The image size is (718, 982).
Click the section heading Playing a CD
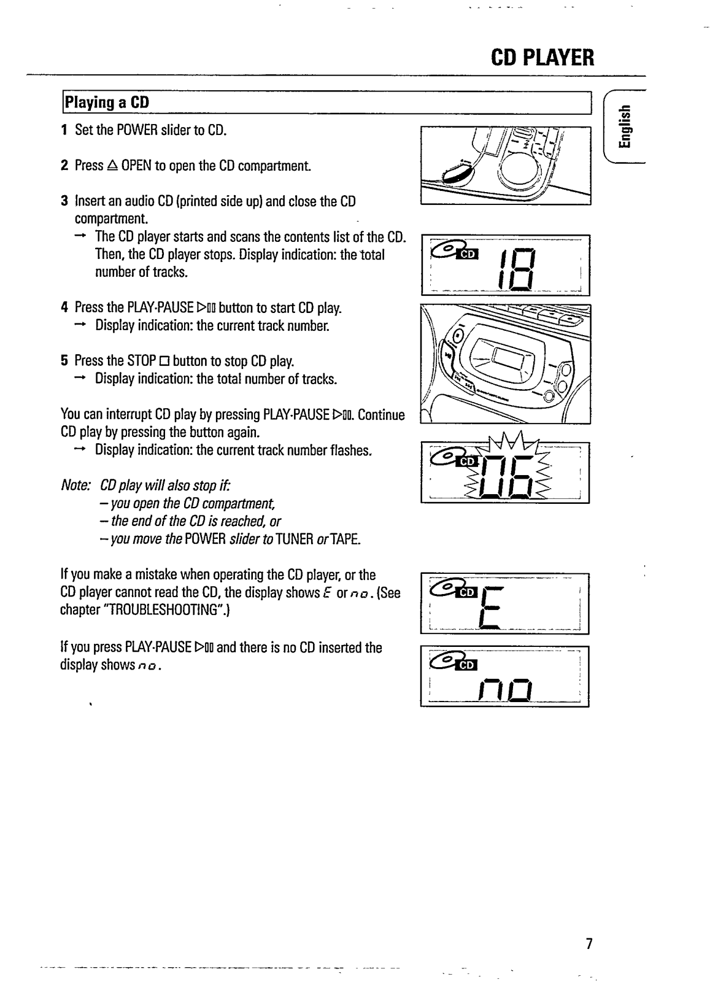point(107,102)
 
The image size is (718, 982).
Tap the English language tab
point(624,128)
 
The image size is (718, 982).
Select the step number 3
point(64,201)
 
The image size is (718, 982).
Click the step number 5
point(64,360)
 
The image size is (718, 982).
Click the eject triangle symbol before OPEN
point(112,166)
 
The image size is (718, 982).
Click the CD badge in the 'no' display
point(468,665)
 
